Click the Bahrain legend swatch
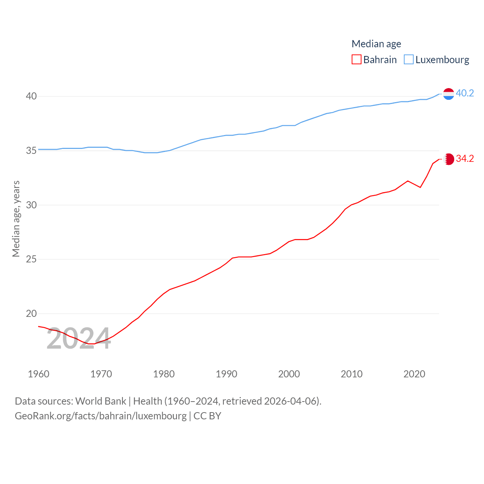356,60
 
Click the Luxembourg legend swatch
409,60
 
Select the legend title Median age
376,44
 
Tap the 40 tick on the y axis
31,96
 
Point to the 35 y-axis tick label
31,151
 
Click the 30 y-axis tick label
31,205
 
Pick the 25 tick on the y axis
31,259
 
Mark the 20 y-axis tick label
31,313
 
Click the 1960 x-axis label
39,374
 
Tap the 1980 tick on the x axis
164,374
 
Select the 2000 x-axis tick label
289,374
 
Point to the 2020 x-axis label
414,374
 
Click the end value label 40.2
465,93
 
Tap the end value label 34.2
465,158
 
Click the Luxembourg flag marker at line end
448,93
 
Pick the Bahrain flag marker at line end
448,159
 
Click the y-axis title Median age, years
16,219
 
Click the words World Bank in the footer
101,401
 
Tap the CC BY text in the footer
207,416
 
